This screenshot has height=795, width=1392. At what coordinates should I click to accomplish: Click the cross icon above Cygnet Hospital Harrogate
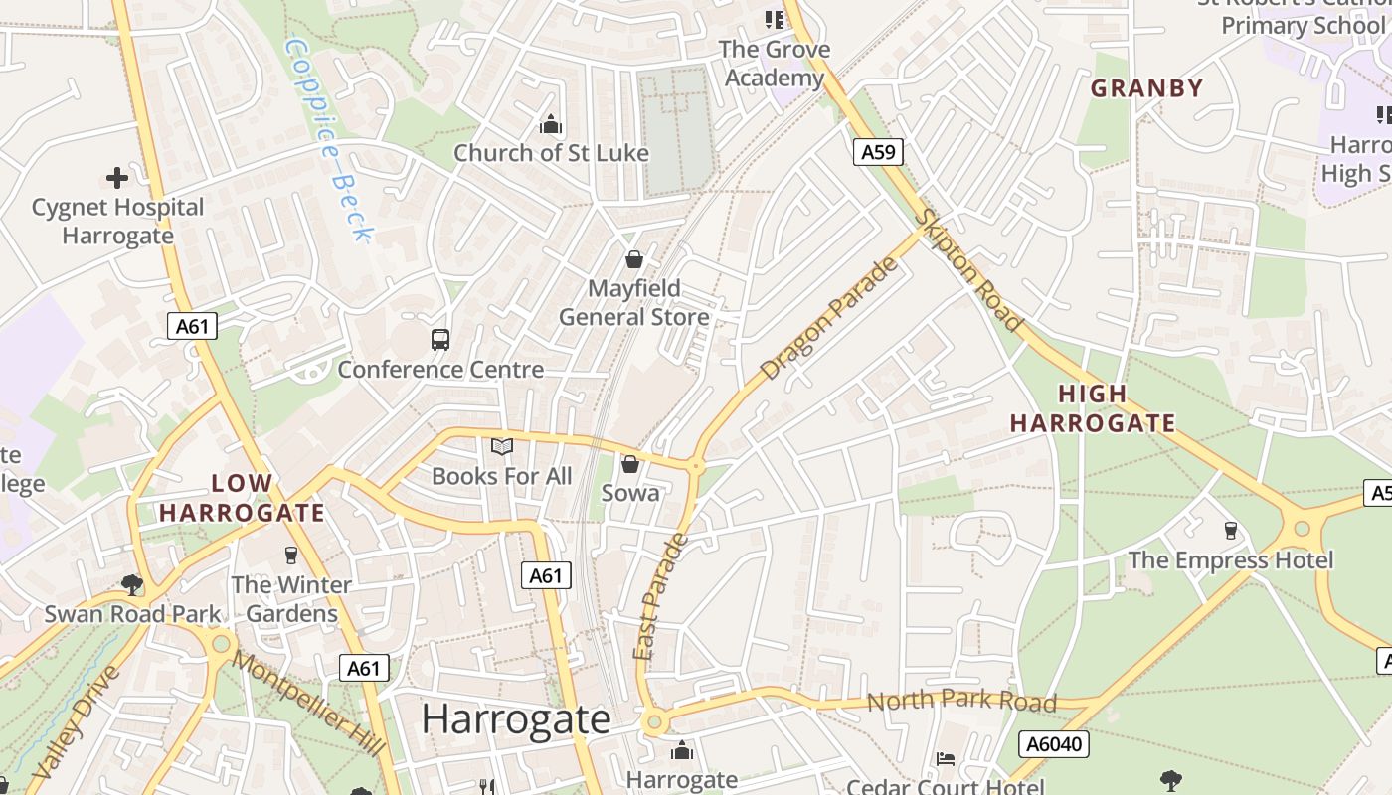[x=117, y=178]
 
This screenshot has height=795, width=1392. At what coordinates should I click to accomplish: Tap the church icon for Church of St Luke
[x=550, y=124]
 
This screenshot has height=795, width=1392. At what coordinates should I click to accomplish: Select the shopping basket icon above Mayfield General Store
[x=633, y=260]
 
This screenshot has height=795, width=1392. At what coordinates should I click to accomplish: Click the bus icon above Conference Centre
[x=440, y=340]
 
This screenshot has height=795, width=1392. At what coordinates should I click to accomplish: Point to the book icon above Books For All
[x=502, y=447]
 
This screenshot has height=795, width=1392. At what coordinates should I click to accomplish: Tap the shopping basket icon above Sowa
[x=629, y=464]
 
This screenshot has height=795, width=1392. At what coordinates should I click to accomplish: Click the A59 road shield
[x=878, y=152]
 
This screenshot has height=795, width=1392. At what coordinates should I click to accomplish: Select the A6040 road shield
[x=1054, y=743]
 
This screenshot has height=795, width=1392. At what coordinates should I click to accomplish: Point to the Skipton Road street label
[x=968, y=270]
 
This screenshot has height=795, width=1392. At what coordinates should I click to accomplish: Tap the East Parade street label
[x=659, y=596]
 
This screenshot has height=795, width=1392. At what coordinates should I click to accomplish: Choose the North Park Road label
[x=960, y=702]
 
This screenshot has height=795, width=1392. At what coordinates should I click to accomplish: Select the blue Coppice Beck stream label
[x=329, y=139]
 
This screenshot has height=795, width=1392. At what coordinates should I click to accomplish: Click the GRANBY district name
[x=1146, y=87]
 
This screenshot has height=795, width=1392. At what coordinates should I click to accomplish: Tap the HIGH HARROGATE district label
[x=1093, y=408]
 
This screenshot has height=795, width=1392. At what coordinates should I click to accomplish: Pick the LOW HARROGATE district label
[x=242, y=498]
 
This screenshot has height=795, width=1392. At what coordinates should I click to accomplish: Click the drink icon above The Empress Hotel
[x=1231, y=531]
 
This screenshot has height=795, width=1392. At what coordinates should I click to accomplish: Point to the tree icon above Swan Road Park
[x=131, y=584]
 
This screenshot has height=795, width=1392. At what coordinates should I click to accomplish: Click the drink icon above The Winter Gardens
[x=291, y=555]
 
